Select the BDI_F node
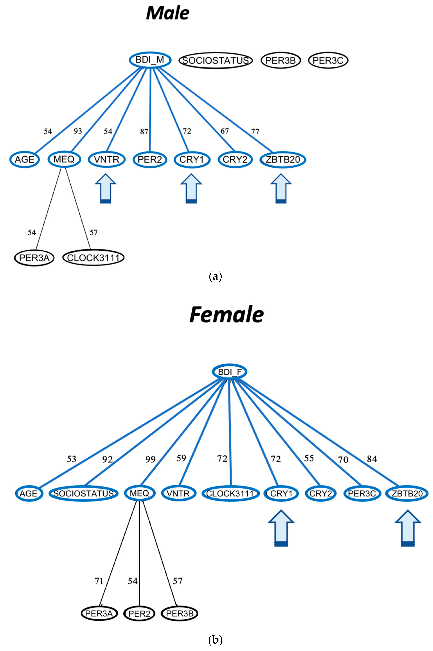(229, 372)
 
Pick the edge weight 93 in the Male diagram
(78, 131)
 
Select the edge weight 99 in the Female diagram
(151, 459)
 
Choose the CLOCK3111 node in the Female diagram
(231, 494)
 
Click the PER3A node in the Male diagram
(34, 258)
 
